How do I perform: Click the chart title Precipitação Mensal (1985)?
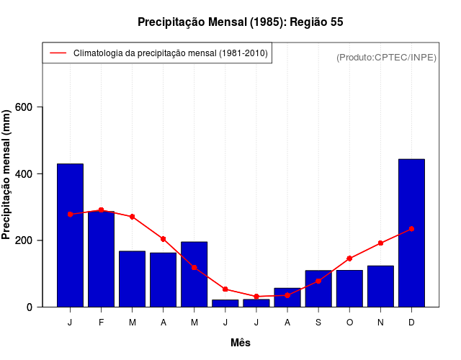coord(240,22)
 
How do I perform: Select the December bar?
coord(411,233)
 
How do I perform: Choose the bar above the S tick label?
coord(318,289)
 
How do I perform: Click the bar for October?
coord(349,289)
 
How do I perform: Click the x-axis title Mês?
coord(241,343)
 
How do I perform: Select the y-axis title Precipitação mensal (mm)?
coord(8,174)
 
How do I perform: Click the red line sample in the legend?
coord(58,53)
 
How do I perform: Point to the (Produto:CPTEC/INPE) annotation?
coord(386,58)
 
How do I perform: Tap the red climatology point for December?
coord(411,229)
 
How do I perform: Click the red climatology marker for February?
coord(101,210)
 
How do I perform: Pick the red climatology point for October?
coord(349,258)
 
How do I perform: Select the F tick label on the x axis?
coord(101,323)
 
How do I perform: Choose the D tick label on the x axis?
coord(411,323)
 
